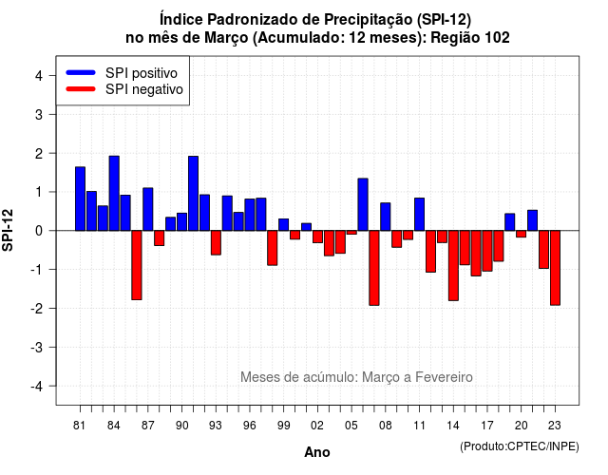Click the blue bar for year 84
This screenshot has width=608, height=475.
coord(114,193)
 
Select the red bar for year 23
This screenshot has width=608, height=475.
coord(555,268)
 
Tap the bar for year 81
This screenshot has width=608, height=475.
coord(80,199)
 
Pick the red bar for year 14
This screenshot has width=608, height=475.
coord(453,266)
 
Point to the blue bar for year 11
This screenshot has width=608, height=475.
coord(419,215)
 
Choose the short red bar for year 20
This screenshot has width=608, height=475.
coord(522,234)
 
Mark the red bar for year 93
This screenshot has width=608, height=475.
coord(216,243)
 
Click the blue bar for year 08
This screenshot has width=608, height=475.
coord(386,217)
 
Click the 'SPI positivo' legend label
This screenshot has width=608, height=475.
coord(142,73)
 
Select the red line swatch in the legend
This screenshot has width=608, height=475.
coord(81,89)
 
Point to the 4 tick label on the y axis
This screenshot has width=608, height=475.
coord(39,76)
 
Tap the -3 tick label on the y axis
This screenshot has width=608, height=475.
coord(37,347)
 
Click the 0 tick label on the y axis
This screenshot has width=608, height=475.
coord(39,231)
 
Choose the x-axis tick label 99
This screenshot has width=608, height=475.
coord(283,426)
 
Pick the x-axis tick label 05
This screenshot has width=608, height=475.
coord(351,426)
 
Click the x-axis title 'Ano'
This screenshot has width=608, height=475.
coord(317,452)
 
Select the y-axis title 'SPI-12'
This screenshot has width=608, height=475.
coord(8,230)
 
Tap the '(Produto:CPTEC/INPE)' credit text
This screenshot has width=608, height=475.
coord(520,446)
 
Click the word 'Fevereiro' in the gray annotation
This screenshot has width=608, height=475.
coord(444,377)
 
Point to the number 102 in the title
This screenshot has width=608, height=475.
coord(498,38)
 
